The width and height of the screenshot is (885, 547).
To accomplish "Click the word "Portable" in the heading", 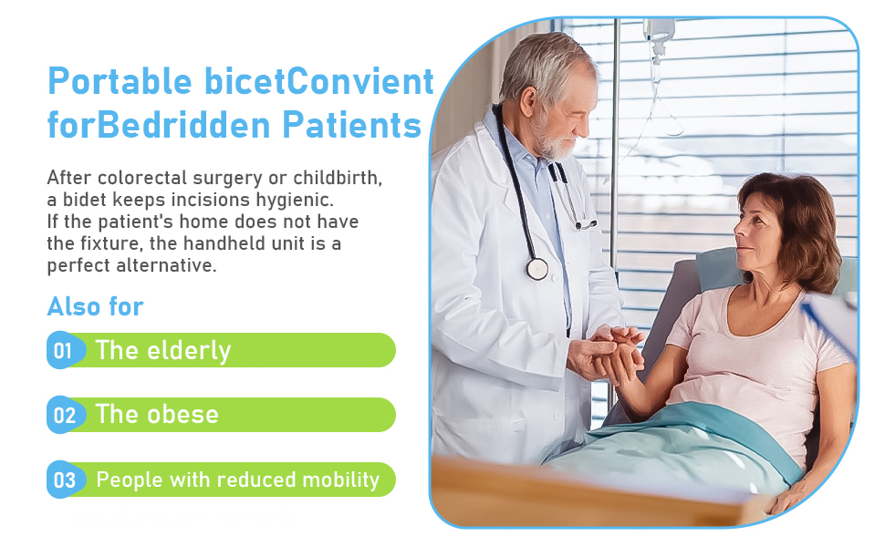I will coord(120,82).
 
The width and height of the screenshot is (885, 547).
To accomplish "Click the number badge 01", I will coord(63,351).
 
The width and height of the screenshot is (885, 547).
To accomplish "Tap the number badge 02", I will coord(64,416).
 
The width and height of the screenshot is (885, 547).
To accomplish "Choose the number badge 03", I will coord(64,480).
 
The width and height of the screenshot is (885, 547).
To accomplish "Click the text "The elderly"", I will coord(163,351).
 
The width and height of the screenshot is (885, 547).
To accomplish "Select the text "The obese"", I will coord(157,415).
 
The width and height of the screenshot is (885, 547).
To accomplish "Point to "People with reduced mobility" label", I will coord(237,480).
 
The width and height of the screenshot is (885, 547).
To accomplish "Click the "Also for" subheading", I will coord(96,306).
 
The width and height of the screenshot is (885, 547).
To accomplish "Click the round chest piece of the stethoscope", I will coord(537,268).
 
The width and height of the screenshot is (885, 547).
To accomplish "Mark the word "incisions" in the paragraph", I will coord(221,200).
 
